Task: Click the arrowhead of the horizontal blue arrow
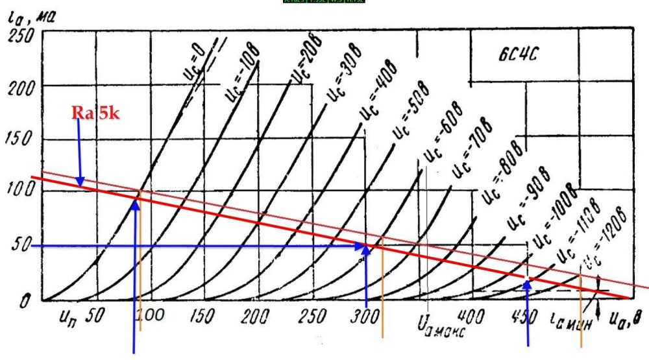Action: click(x=361, y=246)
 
